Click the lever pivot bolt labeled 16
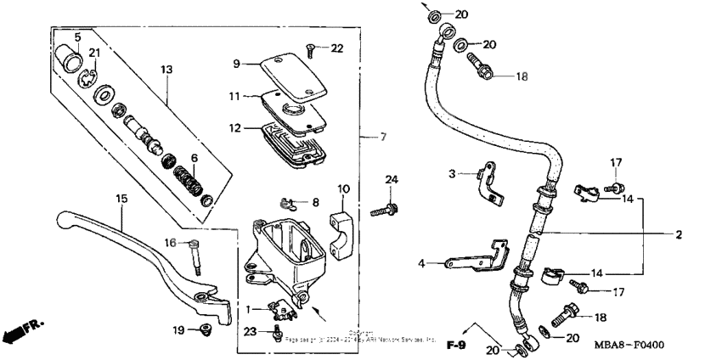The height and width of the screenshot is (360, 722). (197, 254)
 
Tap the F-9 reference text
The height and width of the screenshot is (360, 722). (458, 345)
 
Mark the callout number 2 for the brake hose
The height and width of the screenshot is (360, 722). (679, 234)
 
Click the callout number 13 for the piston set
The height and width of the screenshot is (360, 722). (166, 68)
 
